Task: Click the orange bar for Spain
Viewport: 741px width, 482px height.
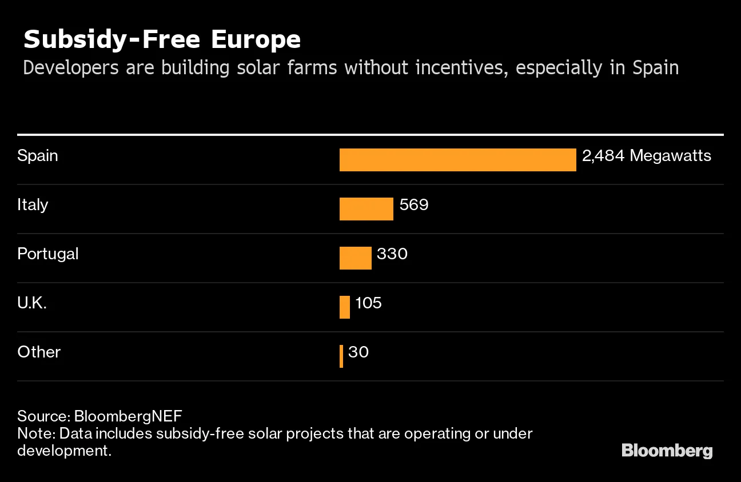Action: coord(457,160)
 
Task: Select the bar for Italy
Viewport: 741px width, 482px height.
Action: coord(366,209)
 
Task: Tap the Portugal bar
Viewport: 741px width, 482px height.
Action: coord(355,258)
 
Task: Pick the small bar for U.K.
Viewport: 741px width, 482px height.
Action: coord(345,307)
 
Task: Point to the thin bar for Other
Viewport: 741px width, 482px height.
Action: coord(341,356)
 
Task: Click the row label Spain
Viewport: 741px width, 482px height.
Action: coord(38,155)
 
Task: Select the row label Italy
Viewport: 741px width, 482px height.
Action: coord(33,204)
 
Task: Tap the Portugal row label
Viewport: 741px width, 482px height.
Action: coord(48,254)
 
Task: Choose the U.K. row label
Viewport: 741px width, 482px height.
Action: coord(32,303)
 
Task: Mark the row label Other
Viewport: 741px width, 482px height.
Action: coord(39,352)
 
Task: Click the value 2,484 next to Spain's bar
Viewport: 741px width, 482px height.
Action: coord(603,156)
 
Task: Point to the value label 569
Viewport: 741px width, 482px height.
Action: coord(414,204)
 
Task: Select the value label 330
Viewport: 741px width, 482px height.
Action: coord(392,254)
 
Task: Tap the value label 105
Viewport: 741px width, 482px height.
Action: coord(369,303)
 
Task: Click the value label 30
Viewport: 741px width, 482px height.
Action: coord(358,352)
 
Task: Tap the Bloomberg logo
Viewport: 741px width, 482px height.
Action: coord(667,450)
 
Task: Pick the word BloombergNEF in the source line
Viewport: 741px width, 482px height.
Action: coord(128,416)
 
